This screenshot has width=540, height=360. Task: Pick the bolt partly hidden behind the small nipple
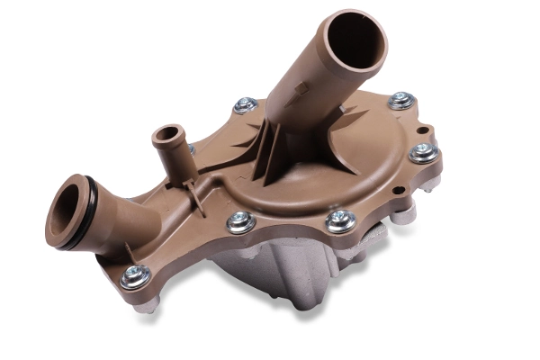pos(190,148)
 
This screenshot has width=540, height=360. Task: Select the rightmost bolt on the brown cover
pos(423,153)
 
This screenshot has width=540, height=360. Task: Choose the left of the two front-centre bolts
pos(241,221)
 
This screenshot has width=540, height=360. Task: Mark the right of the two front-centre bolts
pos(339,220)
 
